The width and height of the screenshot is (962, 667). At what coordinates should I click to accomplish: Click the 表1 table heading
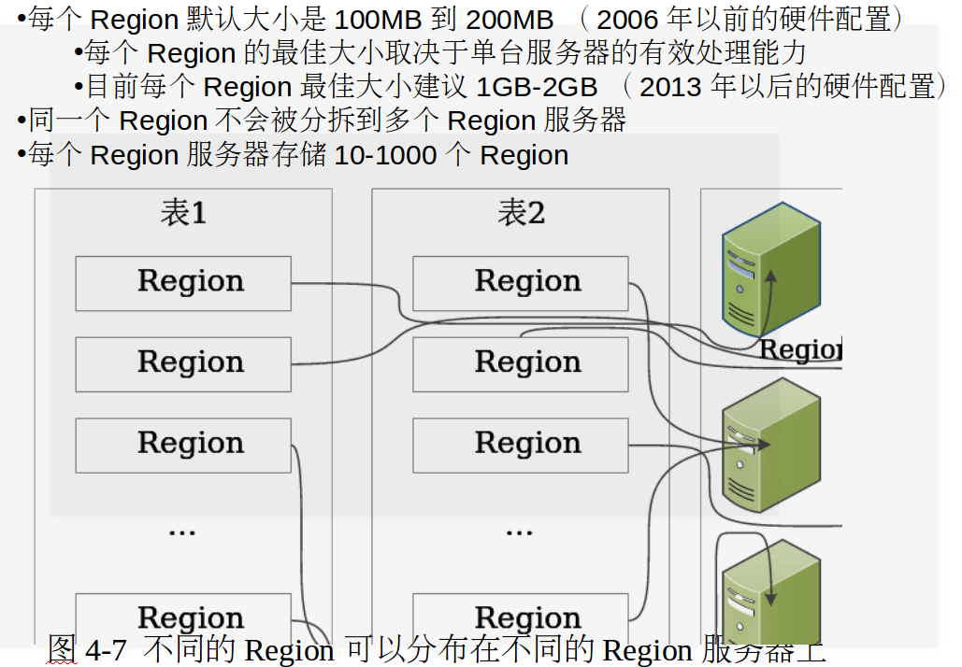[183, 213]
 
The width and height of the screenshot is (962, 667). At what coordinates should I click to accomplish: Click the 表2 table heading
[521, 213]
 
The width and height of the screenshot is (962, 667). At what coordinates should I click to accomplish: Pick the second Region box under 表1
[183, 363]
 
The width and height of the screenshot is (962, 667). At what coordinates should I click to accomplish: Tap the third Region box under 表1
[183, 445]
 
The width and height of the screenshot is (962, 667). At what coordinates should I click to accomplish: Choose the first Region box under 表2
[521, 282]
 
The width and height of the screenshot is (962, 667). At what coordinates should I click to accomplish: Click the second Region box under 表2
[521, 363]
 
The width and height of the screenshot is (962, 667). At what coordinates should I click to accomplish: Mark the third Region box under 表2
[521, 445]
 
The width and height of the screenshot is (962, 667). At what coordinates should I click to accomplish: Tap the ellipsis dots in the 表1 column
[181, 532]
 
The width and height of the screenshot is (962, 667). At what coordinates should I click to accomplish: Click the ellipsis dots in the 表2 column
[519, 532]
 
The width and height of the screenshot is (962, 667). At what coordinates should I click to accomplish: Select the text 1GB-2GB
[537, 87]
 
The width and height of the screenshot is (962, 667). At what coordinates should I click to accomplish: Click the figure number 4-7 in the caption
[106, 650]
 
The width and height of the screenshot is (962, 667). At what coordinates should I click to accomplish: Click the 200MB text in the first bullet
[510, 19]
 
